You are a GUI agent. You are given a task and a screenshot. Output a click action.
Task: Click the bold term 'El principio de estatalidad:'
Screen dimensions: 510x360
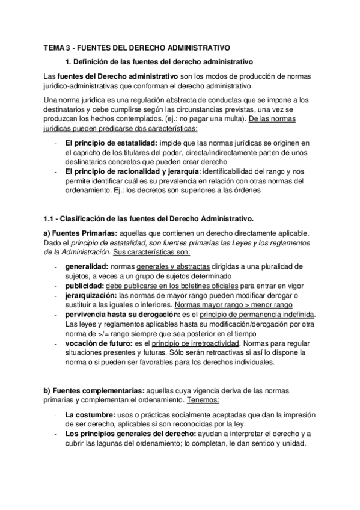pos(103,143)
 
